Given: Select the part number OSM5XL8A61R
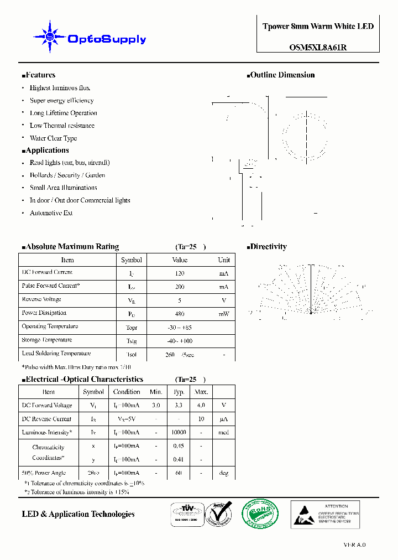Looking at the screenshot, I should point(318,47).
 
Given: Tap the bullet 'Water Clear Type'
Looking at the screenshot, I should point(53,138).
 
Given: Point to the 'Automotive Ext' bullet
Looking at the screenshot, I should point(51,213).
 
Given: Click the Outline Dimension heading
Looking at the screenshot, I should point(282,75).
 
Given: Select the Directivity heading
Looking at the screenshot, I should point(268,247).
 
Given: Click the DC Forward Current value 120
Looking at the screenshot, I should point(180,273).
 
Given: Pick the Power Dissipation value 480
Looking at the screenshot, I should point(180,314).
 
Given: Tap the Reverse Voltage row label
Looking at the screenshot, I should point(41,299).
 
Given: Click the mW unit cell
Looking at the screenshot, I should point(224,314).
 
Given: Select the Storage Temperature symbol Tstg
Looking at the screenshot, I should point(132,341).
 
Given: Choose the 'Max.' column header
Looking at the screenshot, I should point(201,392).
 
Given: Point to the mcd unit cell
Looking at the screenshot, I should point(223,433).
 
